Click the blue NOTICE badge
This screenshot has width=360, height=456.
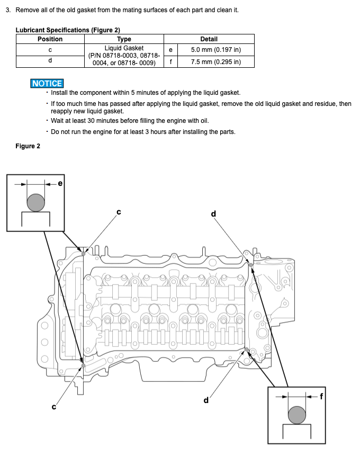(x=47, y=83)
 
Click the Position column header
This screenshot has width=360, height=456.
(x=50, y=39)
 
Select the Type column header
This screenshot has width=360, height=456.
(x=124, y=39)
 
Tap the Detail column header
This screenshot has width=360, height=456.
(x=209, y=39)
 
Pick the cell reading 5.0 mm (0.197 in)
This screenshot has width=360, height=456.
(x=215, y=50)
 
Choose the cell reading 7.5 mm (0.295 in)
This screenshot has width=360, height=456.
(x=215, y=62)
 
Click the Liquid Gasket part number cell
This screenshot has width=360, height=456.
(x=124, y=56)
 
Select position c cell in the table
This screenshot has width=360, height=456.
(x=50, y=50)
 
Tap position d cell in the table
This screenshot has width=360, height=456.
(x=50, y=61)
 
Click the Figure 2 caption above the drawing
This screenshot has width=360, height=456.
(x=28, y=146)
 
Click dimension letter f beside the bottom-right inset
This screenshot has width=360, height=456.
(x=321, y=395)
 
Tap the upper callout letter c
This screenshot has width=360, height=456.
(x=119, y=212)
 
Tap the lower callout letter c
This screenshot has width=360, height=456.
(x=53, y=407)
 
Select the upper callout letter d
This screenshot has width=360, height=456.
(x=213, y=213)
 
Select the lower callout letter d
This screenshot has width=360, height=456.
(x=206, y=400)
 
